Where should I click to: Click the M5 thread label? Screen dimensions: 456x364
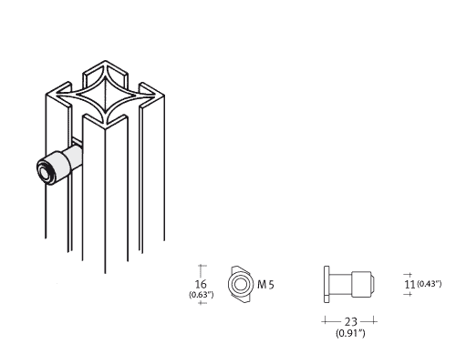point(265,285)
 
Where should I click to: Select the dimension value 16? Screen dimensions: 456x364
point(201,284)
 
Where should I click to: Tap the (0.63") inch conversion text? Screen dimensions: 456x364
point(202,295)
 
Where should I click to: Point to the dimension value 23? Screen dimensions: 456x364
point(350,321)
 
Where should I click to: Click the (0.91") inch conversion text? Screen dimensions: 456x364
point(350,333)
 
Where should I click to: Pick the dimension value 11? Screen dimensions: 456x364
point(409,285)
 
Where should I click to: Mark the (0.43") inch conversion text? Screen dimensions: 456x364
point(429,284)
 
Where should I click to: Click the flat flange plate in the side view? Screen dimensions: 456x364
point(326,285)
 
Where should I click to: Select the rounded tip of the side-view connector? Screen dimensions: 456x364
point(373,284)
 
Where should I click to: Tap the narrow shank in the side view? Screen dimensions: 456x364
point(340,284)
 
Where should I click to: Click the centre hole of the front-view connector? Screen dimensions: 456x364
point(241,283)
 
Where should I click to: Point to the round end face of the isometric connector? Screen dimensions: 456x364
point(46,172)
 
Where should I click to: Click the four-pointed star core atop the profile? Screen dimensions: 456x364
point(105,96)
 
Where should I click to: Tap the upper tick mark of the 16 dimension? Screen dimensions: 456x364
point(202,266)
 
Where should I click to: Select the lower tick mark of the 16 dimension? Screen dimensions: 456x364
point(202,302)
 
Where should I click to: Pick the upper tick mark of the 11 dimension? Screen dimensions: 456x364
point(409,275)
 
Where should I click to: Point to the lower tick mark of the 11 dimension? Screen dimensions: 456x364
point(409,294)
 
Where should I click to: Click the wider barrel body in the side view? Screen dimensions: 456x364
point(361,284)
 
